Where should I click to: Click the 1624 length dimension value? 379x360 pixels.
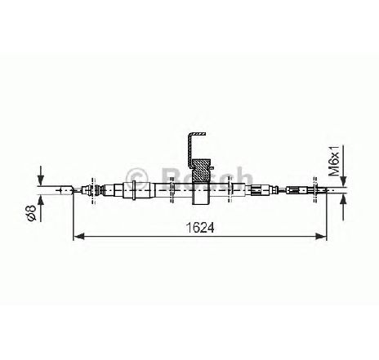200,228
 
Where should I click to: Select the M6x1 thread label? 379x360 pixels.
334,161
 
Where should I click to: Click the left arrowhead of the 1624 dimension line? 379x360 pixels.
79,236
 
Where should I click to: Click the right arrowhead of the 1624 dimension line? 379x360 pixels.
321,236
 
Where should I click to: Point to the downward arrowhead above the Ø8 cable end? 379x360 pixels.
41,180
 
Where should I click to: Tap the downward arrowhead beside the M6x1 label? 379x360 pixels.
344,181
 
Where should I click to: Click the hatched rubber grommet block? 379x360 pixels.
201,170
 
